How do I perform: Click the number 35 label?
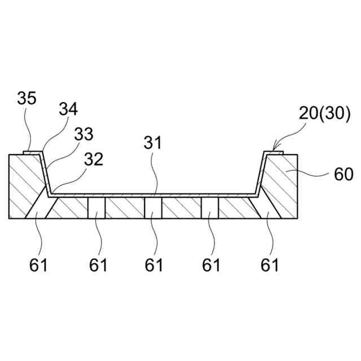27,99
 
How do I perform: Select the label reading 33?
83,134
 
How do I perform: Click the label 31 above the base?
152,143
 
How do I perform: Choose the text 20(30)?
325,115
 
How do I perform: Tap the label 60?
343,174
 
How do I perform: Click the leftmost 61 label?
39,264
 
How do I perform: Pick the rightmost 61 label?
269,264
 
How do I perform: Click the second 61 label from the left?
99,264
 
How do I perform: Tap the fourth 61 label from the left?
211,264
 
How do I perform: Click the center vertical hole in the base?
153,208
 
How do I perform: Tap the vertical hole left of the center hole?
97,208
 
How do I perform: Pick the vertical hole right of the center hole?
210,208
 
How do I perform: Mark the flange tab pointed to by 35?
31,151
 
